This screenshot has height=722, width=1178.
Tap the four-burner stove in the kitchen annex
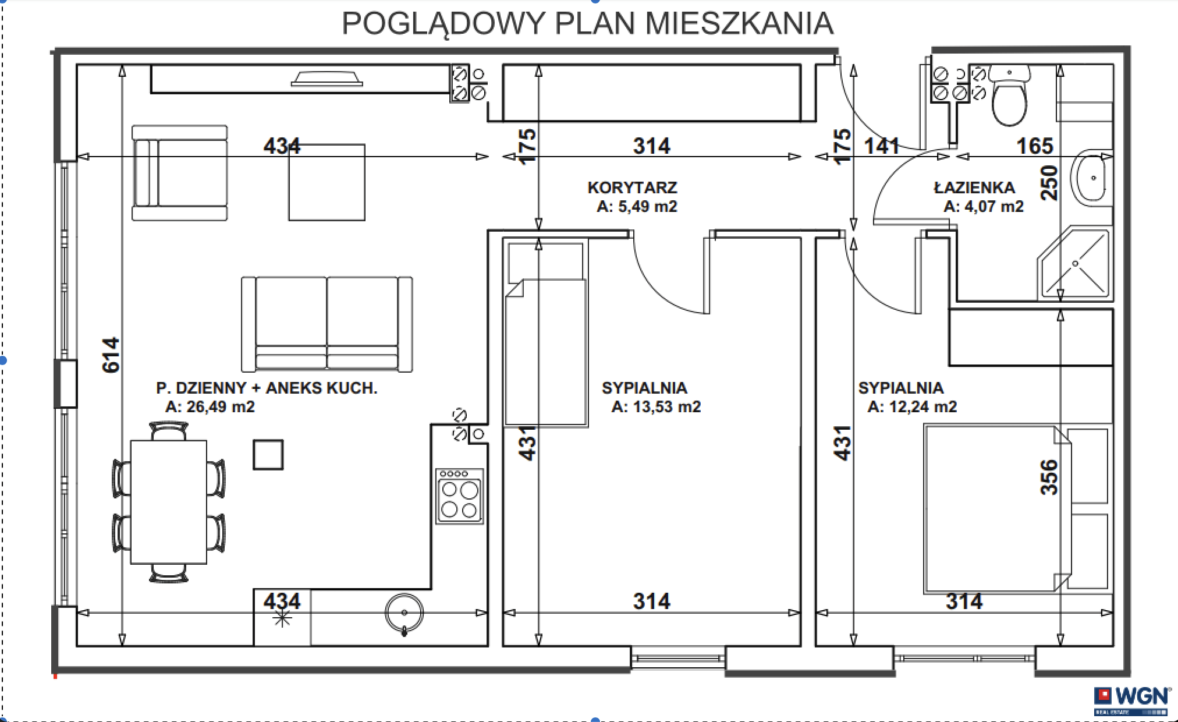460,496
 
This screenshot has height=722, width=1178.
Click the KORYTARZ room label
632,187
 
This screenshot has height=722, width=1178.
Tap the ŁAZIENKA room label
974,187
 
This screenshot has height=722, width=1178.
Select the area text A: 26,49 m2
210,406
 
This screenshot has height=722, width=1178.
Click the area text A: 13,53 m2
656,406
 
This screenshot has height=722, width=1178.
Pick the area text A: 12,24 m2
912,406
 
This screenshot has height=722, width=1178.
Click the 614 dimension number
111,355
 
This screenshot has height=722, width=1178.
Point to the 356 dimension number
1049,477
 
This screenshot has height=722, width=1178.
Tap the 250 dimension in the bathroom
1049,183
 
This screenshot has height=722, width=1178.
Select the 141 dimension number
882,146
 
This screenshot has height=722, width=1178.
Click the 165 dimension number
1035,146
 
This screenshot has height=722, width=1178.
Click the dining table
169,502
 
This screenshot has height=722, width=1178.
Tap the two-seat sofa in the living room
327,324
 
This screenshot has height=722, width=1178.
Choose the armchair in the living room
179,173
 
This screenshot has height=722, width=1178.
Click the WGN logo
1131,701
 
